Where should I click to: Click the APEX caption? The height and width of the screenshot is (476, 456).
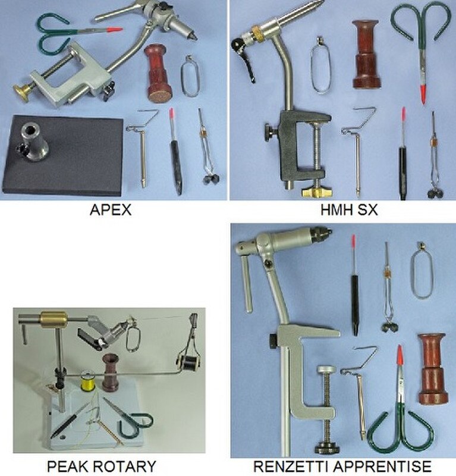click(111, 210)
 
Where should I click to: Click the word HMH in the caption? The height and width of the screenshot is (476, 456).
click(337, 210)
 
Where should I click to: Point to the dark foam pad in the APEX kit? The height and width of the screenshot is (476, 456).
click(62, 155)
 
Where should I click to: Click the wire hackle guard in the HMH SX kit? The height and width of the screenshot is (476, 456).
click(320, 65)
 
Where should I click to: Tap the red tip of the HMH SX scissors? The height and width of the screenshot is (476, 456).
click(423, 94)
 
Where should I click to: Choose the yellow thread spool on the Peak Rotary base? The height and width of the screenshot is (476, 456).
click(86, 381)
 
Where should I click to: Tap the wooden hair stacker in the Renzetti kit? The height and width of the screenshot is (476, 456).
click(432, 369)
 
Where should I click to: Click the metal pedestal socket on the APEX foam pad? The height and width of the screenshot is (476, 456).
click(34, 145)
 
